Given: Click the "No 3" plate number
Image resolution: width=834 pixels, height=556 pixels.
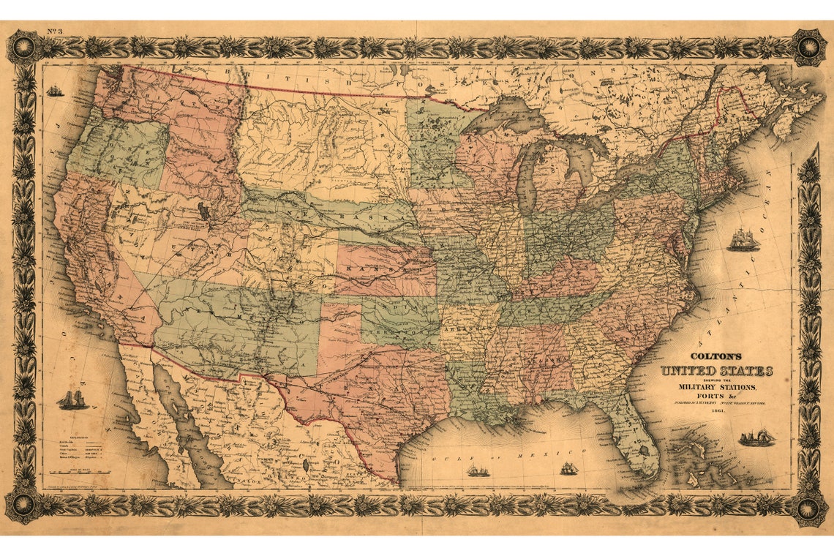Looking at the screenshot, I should [54, 31].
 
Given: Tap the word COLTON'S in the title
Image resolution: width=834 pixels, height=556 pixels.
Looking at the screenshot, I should [716, 358].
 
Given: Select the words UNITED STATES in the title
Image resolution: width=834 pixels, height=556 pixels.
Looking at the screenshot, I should [716, 372].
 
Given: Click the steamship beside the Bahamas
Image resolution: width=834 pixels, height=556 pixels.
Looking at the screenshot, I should [756, 437].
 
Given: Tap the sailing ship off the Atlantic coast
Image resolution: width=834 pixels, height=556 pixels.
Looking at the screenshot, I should [742, 239].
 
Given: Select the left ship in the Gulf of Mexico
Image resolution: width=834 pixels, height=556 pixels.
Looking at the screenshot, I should [478, 470].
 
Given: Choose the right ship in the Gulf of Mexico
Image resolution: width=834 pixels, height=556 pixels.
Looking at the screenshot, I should [569, 467].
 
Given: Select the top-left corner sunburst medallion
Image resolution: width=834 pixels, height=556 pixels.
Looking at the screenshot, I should [24, 47].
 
